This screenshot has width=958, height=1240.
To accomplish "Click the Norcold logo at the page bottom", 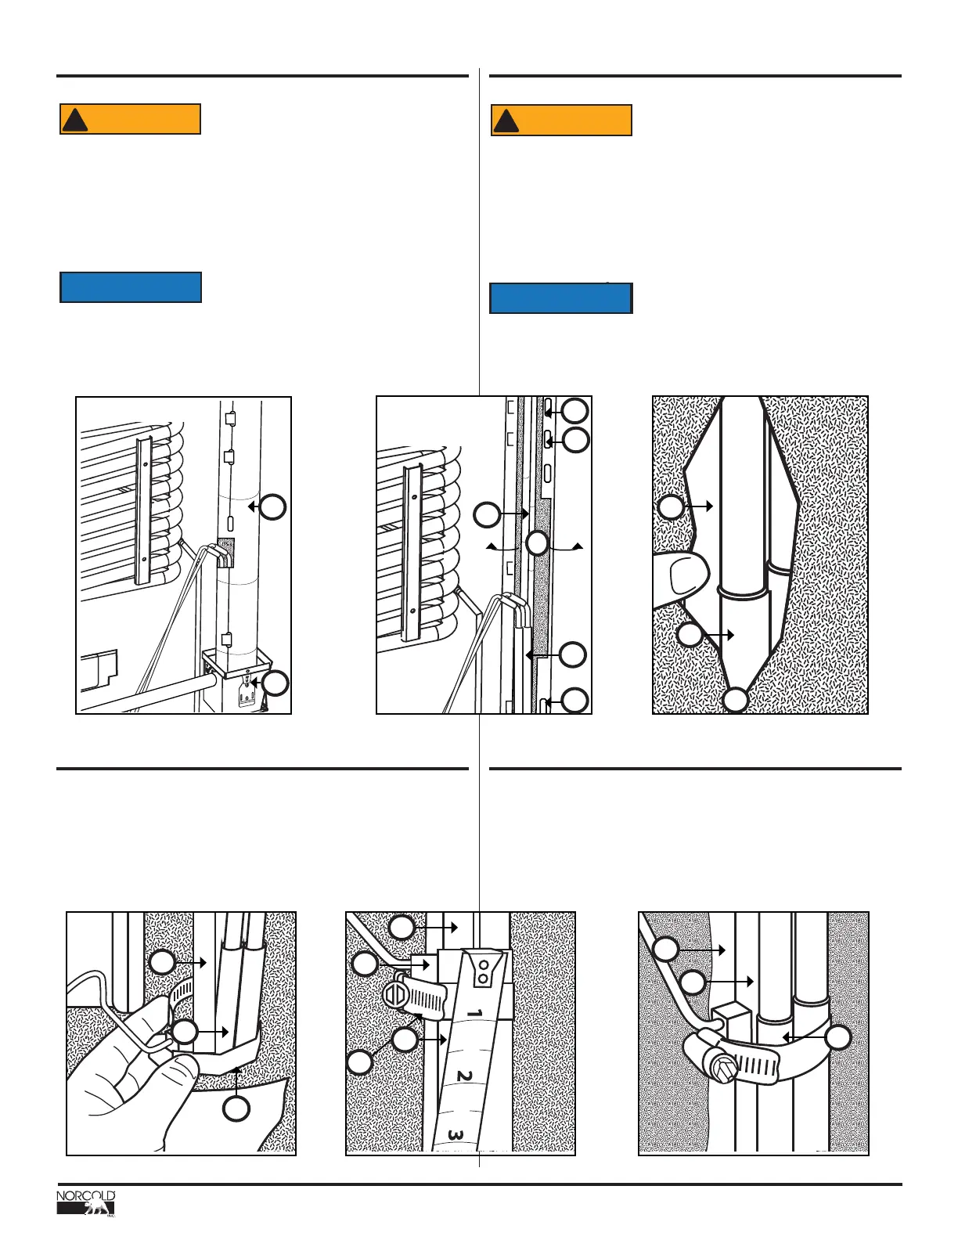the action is coord(86,1203).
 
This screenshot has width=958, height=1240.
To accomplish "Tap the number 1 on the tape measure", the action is coord(474,1014).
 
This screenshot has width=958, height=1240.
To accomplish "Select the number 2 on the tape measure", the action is coord(464,1076).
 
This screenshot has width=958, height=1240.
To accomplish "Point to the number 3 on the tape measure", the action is coord(456,1134).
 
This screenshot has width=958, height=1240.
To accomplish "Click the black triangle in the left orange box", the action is coord(75,121).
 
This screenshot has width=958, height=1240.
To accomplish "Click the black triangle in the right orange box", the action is coord(506,121).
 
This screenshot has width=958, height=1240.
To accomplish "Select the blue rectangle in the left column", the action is coord(131,287).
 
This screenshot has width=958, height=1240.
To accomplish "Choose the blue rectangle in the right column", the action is coord(560,298).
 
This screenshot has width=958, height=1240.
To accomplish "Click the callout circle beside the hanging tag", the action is coord(276,683).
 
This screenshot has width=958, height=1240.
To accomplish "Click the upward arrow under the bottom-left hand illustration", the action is coord(236,1084).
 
